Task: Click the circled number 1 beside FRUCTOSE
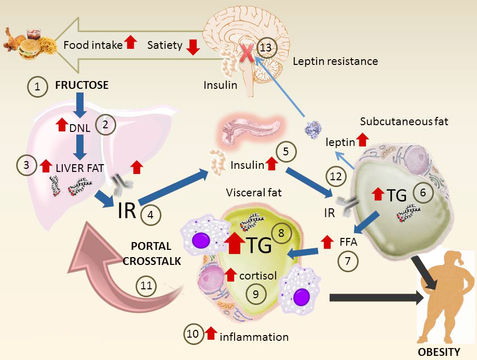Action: coord(37,87)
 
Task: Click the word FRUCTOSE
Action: coord(82,85)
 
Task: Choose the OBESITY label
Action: coord(439,352)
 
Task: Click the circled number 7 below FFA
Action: coord(348,260)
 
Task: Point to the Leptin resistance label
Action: coord(335,61)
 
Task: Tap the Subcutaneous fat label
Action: coord(404,122)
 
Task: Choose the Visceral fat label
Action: coord(254,193)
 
